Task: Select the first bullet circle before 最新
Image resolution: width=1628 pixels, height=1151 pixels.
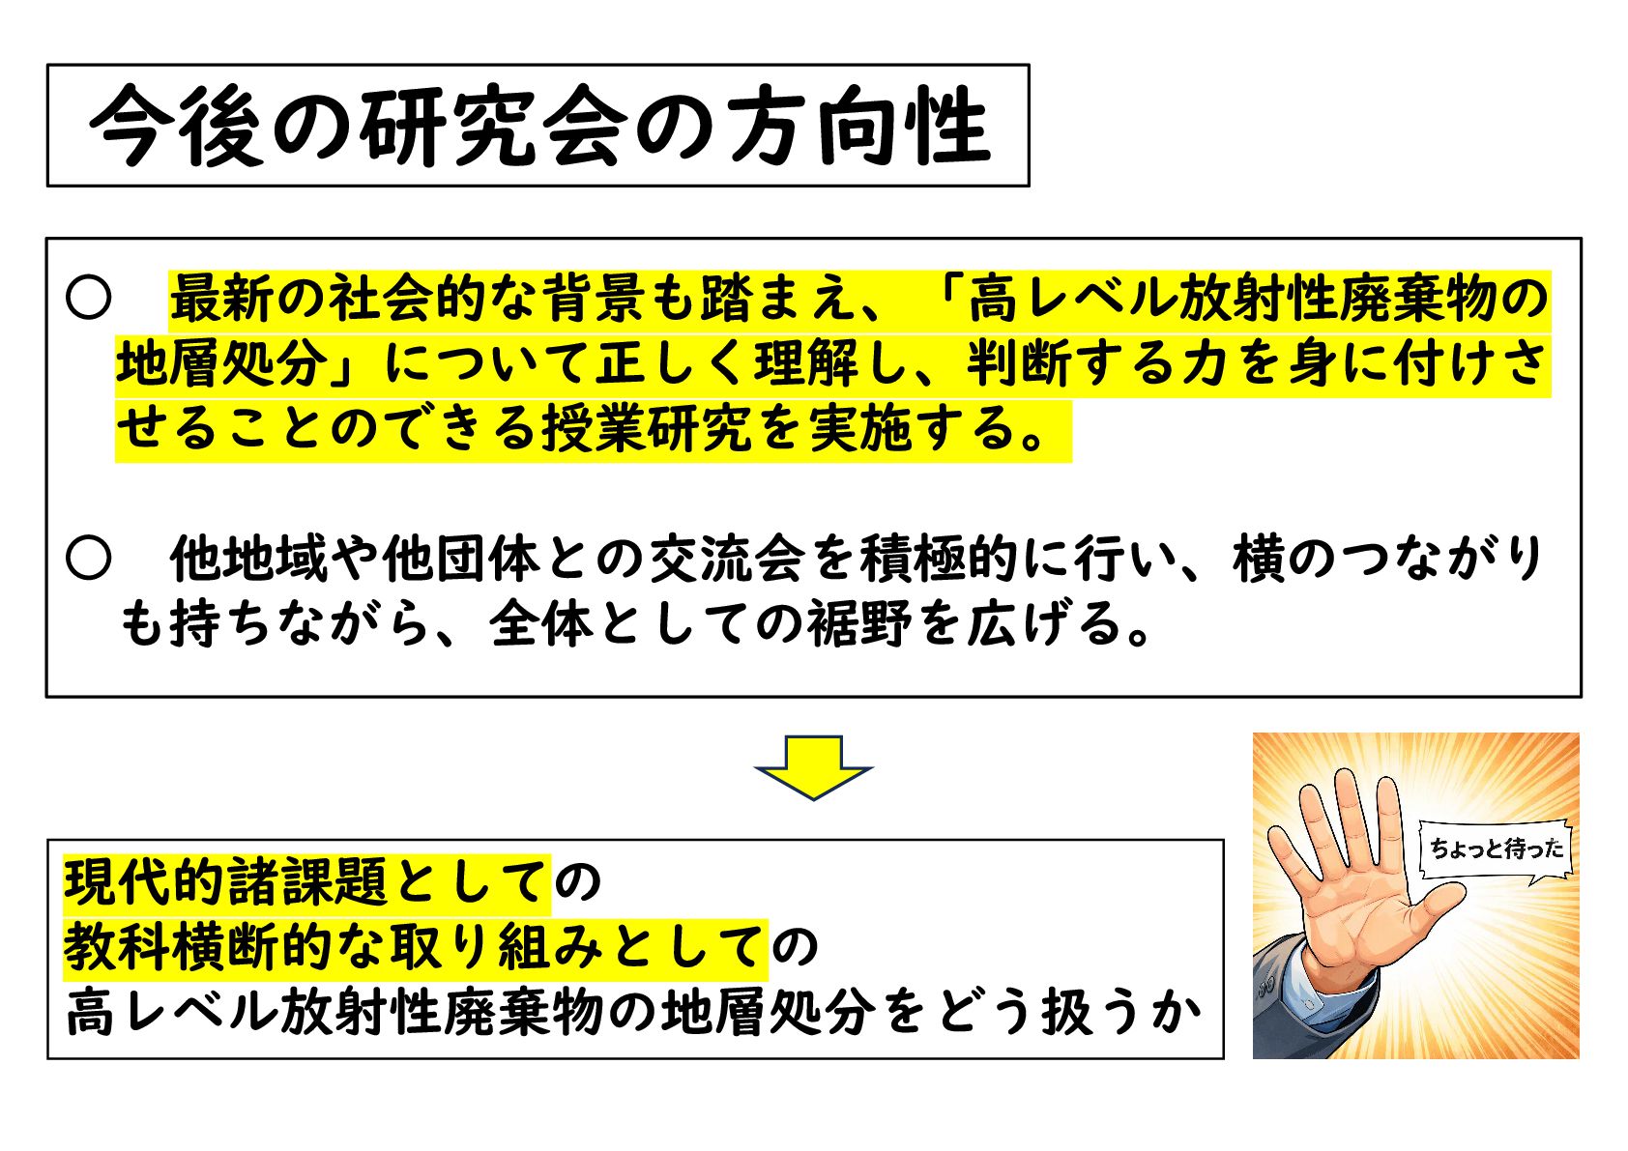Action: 88,299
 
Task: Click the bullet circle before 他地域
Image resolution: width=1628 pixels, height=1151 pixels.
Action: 88,559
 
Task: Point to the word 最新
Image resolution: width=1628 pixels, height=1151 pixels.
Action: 222,299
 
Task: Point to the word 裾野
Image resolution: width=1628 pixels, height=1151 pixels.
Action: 859,623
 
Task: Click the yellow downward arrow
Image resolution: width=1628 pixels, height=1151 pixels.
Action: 813,766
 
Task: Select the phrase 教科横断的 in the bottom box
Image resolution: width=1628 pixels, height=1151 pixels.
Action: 198,947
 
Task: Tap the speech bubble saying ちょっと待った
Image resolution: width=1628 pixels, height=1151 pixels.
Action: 1495,849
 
